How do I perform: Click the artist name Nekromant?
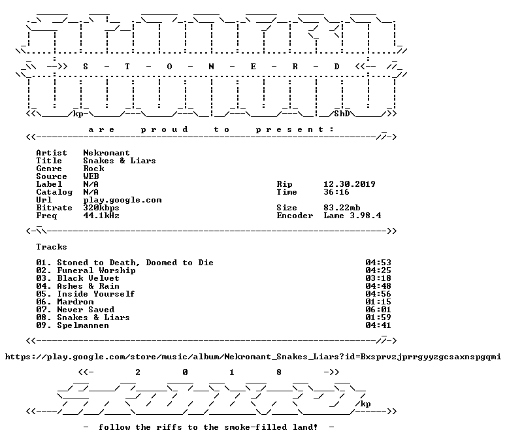106,153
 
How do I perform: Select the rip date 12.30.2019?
349,184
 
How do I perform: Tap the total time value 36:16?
336,192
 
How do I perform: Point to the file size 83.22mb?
342,208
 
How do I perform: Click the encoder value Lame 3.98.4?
352,216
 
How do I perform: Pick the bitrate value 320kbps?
101,208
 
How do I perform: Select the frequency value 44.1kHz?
101,216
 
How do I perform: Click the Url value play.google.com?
122,200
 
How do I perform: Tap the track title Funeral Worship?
96,270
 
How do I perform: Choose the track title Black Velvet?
88,278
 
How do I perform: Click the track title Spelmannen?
83,325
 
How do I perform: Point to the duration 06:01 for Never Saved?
378,310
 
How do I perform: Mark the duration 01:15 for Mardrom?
378,302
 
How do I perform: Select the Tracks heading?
52,247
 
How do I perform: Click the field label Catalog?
54,192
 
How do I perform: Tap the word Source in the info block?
52,176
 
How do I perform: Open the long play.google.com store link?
253,357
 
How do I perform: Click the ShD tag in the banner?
342,114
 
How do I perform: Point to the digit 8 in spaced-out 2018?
279,372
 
